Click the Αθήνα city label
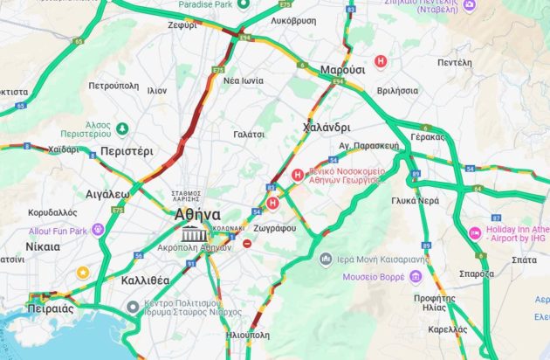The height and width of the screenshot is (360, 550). [196, 214]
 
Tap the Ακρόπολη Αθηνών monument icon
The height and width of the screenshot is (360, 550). [192, 233]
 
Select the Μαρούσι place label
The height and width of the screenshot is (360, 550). [342, 69]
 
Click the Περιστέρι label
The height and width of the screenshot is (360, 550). [127, 150]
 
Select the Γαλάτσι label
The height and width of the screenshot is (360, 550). [249, 134]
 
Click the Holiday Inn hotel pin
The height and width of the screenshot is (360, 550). [475, 233]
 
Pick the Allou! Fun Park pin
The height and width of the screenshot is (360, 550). [98, 230]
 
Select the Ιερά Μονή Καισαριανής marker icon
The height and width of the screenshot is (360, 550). [326, 260]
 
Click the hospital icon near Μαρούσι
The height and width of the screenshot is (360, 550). [380, 61]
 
